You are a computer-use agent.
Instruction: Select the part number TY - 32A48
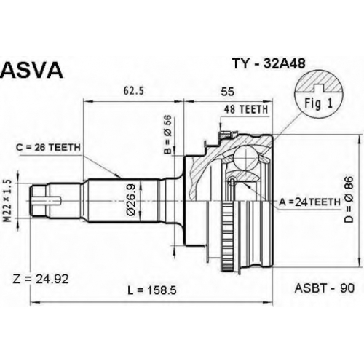click(x=269, y=63)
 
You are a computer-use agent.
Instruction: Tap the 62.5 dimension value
click(x=134, y=91)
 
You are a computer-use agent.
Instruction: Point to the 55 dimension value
click(x=228, y=92)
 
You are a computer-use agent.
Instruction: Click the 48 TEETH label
click(x=246, y=109)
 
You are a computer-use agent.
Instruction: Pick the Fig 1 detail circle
click(x=319, y=94)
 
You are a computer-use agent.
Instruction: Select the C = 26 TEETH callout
click(x=48, y=147)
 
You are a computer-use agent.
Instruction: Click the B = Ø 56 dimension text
click(x=167, y=135)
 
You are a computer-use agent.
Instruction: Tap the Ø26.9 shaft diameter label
click(x=131, y=199)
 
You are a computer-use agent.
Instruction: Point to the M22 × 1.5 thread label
click(x=9, y=201)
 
